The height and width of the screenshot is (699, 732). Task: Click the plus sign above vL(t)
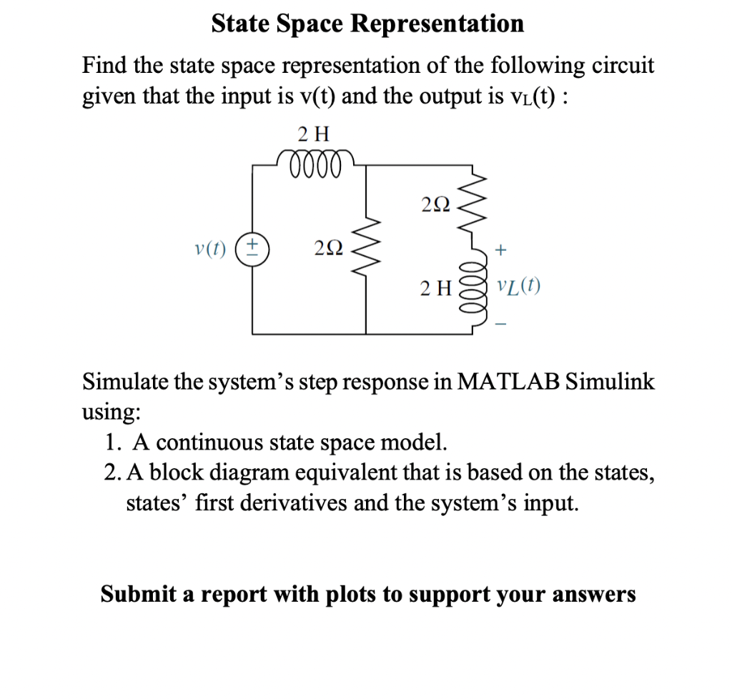pos(501,249)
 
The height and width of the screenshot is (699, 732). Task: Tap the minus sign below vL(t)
pos(501,324)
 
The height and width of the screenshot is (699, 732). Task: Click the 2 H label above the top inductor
pos(312,133)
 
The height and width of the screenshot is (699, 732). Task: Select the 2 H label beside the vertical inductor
pos(436,288)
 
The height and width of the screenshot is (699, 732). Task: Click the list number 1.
pos(111,443)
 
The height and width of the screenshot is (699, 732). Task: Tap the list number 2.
pos(111,473)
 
